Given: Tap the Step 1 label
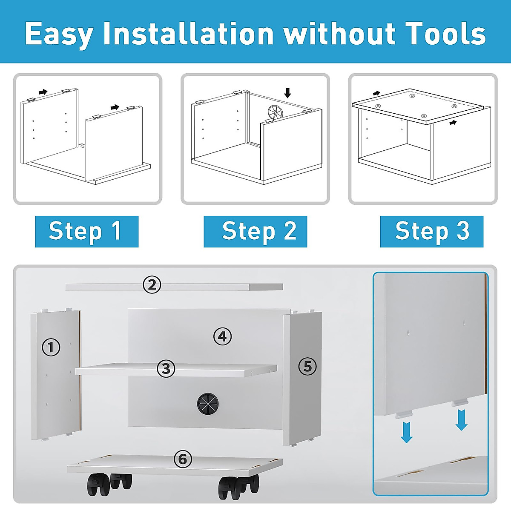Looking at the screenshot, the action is coord(87,232).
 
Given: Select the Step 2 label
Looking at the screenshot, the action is coord(255,232).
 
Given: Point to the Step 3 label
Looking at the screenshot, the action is coord(431,232).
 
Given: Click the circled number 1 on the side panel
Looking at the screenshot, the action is coord(51,347).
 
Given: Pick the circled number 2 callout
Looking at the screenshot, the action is coord(152,285).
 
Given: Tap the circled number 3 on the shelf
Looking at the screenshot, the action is coord(166,368).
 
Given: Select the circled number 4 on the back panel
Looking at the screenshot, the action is coord(222,337).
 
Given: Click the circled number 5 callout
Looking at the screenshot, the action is coord(307,367).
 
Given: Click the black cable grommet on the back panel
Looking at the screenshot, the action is coord(208,404).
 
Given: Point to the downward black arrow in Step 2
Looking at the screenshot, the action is coord(287,93).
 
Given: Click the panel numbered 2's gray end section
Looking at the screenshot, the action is coord(266,287).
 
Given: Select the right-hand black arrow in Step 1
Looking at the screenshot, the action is coord(115,107).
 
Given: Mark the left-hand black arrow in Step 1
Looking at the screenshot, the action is coord(43,92).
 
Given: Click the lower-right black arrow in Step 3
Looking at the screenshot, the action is coord(453,122).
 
